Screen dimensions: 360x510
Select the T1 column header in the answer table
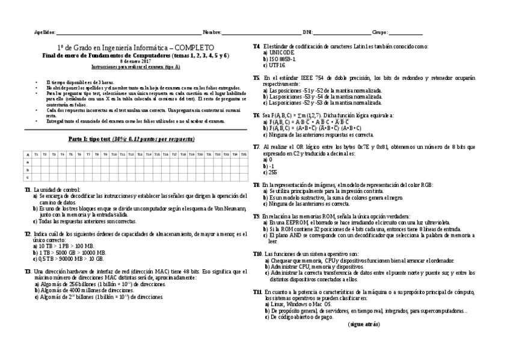point(36,154)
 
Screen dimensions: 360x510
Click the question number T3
point(28,272)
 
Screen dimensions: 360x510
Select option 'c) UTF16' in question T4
point(274,65)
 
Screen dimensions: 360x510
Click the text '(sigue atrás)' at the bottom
point(363,324)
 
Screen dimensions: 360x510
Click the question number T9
point(256,215)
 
